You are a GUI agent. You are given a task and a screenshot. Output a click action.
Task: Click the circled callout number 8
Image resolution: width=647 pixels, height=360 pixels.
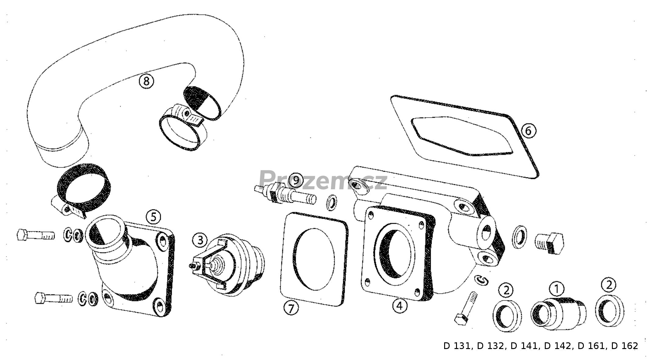tap(146, 81)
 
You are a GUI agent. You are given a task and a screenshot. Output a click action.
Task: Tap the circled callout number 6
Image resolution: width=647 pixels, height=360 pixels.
tap(528, 131)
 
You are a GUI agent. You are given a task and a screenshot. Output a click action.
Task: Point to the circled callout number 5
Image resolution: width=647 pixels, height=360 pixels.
tap(153, 217)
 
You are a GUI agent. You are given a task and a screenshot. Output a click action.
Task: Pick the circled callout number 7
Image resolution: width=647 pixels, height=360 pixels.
tap(291, 308)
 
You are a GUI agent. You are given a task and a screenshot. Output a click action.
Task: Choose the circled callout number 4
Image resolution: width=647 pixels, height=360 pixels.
tap(400, 306)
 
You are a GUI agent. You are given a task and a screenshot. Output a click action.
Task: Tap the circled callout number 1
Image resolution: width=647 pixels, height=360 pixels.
tap(557, 288)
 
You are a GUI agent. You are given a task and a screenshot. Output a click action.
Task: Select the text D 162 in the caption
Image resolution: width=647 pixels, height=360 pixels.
tap(625, 346)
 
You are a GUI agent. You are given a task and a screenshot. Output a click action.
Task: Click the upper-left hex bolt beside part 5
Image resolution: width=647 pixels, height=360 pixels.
tap(36, 235)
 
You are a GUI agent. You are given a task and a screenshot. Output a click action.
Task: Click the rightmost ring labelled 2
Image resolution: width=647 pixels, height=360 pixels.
tap(609, 311)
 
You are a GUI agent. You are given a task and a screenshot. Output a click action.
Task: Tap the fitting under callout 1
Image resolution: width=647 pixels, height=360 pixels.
tap(558, 313)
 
